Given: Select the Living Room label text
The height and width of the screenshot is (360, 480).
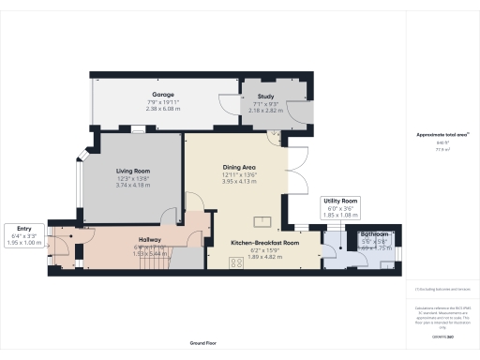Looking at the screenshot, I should tap(133, 172).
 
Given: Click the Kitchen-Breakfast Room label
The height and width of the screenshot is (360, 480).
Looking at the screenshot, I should tap(264, 243).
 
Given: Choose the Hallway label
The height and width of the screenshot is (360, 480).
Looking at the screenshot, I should tap(125, 240).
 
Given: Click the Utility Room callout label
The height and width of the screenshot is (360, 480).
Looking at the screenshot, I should tap(341, 201).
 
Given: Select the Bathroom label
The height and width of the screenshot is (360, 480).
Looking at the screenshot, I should tap(374, 233).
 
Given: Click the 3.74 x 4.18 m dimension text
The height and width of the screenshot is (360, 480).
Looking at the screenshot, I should tap(133, 186).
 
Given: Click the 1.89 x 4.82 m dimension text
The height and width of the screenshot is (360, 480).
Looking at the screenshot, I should tap(264, 257).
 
